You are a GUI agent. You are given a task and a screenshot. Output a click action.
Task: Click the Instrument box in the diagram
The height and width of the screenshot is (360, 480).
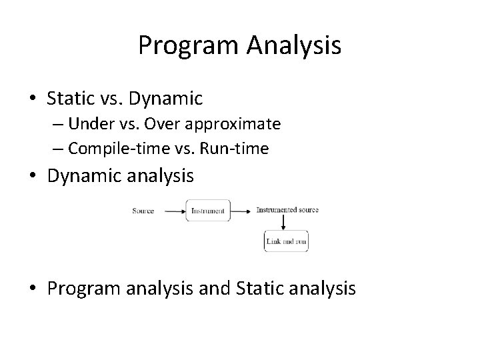point(208,211)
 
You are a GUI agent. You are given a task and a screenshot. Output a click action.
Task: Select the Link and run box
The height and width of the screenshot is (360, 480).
point(286,241)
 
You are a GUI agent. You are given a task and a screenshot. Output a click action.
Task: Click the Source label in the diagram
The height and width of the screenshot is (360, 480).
point(143,211)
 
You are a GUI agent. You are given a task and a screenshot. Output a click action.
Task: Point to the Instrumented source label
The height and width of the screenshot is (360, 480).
point(287,210)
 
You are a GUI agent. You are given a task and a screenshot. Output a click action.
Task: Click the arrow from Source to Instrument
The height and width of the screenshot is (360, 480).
point(173,211)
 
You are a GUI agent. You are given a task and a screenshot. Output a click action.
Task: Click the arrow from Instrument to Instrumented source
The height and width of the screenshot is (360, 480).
point(242,211)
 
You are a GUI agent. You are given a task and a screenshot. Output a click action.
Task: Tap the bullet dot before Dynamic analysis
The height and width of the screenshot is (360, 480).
point(33,177)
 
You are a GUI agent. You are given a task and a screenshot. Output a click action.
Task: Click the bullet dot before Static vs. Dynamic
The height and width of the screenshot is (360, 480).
point(33,99)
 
